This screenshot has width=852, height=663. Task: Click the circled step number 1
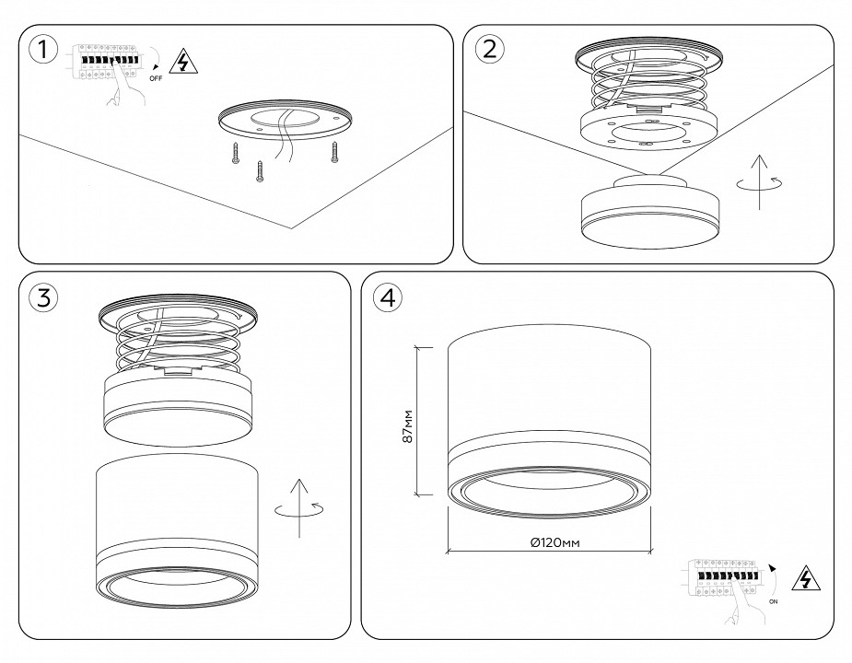click(41, 51)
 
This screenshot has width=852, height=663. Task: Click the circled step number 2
click(489, 49)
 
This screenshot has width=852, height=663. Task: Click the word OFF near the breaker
click(156, 79)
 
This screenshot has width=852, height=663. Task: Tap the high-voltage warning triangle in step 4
click(807, 579)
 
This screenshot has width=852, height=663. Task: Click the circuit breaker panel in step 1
click(103, 60)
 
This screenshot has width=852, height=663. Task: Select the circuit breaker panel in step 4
click(725, 579)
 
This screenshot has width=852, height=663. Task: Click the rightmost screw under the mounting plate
click(334, 154)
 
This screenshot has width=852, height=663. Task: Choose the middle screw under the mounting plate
click(261, 171)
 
